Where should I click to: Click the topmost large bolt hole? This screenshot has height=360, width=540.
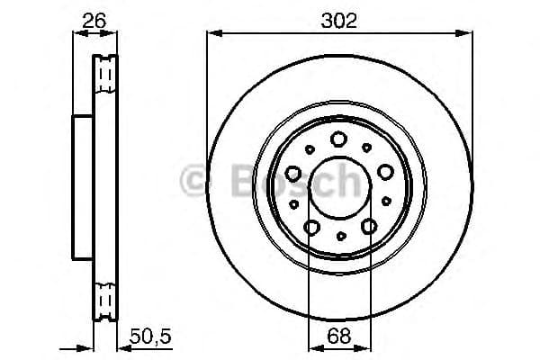tap(339, 139)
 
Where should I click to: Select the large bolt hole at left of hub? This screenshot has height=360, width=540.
tap(293, 174)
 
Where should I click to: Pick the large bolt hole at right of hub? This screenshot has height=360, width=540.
tap(385, 172)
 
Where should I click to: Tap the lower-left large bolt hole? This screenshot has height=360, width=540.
tap(311, 227)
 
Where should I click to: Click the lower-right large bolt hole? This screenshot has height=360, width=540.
tap(369, 227)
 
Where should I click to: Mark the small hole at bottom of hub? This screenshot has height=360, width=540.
tap(340, 237)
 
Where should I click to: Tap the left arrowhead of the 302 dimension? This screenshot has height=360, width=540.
tap(212, 33)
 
